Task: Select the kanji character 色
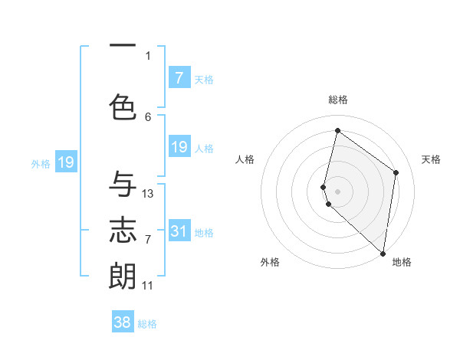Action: [123, 107]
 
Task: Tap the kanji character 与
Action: [123, 185]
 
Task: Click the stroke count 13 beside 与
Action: [148, 194]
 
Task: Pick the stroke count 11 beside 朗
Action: [148, 286]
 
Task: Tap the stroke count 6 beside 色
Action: [148, 116]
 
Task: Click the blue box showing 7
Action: [179, 78]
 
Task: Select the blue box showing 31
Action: [179, 231]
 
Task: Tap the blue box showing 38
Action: [123, 322]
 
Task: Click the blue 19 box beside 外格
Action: [66, 162]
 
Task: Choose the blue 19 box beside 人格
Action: [179, 147]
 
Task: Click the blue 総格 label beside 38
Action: [147, 324]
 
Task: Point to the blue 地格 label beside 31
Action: [204, 233]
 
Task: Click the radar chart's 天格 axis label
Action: [431, 159]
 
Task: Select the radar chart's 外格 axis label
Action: [270, 262]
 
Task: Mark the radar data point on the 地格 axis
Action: [383, 254]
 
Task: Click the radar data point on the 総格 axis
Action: [337, 130]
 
